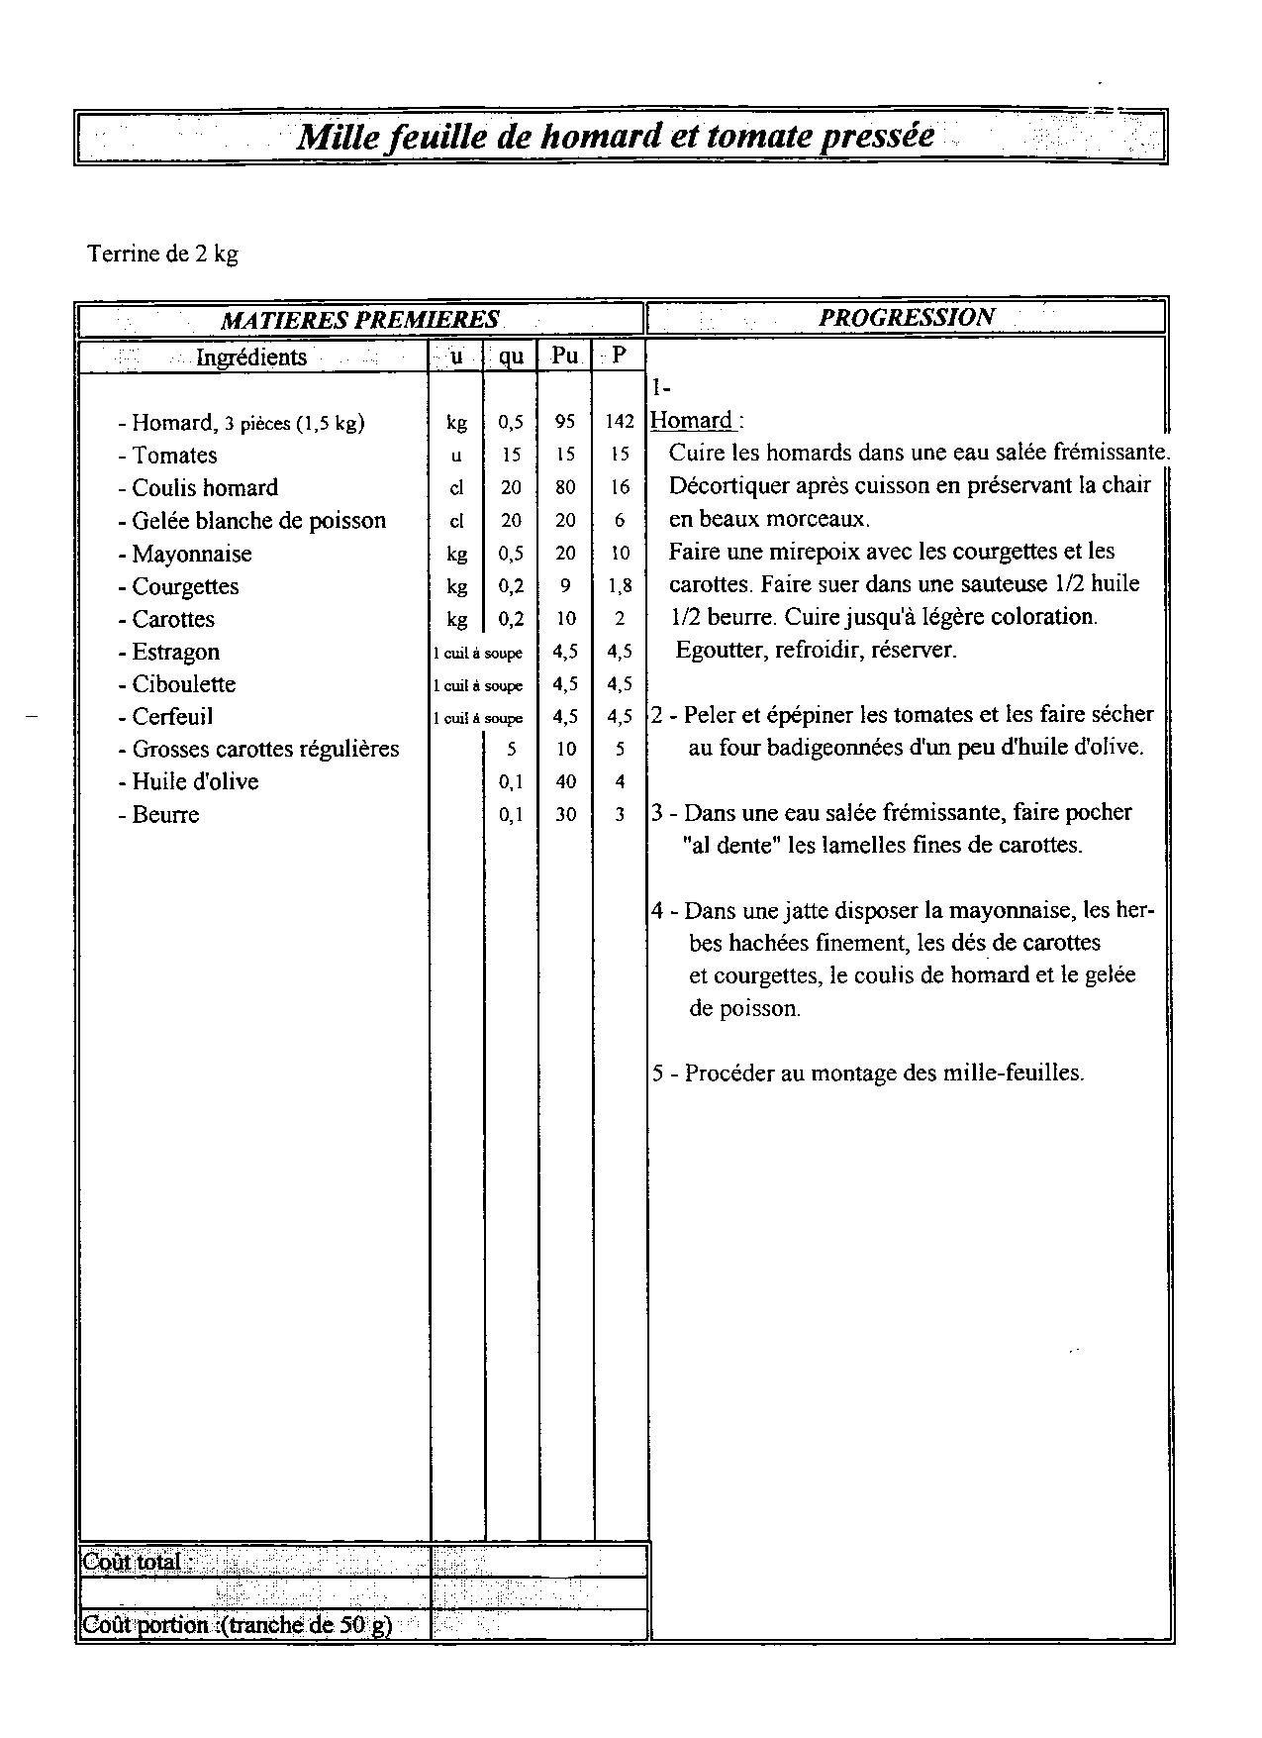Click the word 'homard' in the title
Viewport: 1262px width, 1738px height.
coord(600,136)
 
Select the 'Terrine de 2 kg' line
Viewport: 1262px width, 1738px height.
coord(163,254)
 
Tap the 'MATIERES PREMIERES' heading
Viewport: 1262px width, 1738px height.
coord(359,320)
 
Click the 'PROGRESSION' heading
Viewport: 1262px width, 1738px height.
coord(906,317)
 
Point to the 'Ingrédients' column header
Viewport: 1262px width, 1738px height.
coord(251,357)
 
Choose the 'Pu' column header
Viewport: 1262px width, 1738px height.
coord(565,355)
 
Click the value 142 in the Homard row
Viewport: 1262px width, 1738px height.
coord(620,422)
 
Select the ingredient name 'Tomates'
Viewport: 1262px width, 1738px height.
coord(174,456)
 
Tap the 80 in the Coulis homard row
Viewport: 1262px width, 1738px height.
coord(565,487)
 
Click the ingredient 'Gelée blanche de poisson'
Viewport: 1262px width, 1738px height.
coord(258,521)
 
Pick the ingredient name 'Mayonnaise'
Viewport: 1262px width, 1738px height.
coord(192,554)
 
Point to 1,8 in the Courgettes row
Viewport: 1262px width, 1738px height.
coord(620,586)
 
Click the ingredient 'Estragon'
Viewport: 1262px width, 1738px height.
coord(175,652)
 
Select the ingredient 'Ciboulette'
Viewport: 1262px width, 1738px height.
coord(184,684)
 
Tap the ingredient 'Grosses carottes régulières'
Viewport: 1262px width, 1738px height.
coord(265,749)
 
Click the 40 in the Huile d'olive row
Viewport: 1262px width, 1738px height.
coord(565,781)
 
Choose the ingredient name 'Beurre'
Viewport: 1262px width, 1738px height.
coord(165,815)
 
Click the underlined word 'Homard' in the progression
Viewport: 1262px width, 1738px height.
coord(692,420)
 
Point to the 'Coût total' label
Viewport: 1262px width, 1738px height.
coord(133,1562)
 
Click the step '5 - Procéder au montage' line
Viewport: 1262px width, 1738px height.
coord(867,1073)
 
